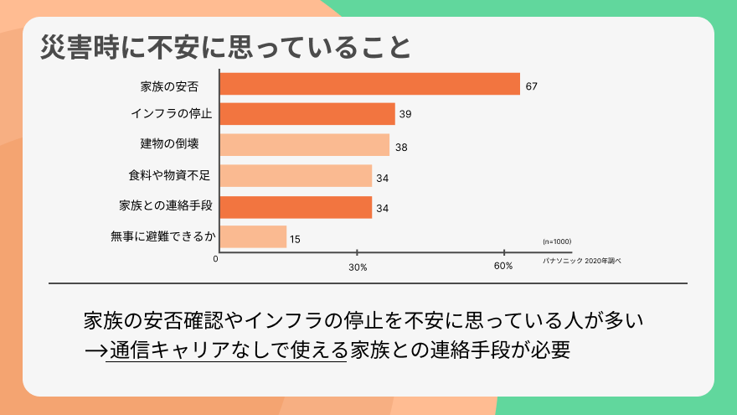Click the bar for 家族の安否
coord(369,84)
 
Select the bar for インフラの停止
coord(307,114)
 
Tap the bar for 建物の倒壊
coord(304,145)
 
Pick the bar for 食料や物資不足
coord(295,176)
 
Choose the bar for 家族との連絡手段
coord(295,207)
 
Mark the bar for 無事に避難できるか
coord(253,237)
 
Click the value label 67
coord(531,86)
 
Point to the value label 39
coord(405,115)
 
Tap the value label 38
coord(401,148)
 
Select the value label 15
coord(295,240)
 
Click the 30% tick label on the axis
coord(358,267)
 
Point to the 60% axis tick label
coord(503,266)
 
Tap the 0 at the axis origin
coord(216,259)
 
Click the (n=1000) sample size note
coord(557,241)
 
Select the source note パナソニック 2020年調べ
coord(582,261)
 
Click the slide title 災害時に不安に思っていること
coord(226,47)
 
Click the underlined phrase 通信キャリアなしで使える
coord(227,350)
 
